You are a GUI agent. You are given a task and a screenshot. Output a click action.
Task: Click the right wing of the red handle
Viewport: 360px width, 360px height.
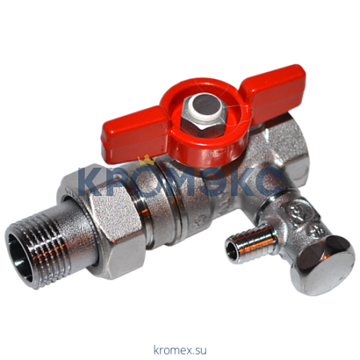(x=274, y=90)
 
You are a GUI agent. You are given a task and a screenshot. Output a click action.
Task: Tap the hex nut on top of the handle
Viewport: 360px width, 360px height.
(x=203, y=118)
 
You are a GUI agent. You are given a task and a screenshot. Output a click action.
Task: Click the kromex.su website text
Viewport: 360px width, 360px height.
(x=180, y=350)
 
